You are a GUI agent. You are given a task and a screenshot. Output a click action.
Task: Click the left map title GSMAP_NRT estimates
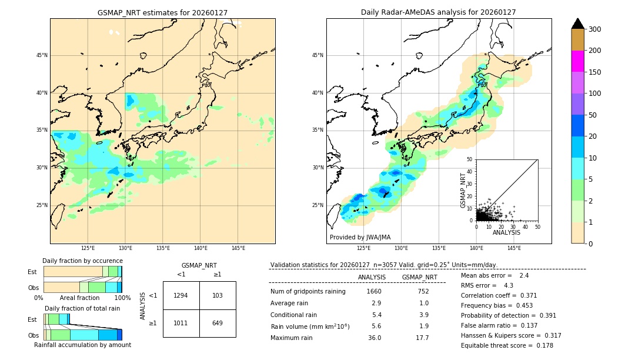(162, 12)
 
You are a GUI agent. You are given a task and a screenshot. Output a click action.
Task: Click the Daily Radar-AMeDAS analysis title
(439, 12)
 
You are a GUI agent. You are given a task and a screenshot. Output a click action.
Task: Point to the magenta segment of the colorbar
(577, 61)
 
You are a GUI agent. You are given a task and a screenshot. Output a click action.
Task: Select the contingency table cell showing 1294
(181, 295)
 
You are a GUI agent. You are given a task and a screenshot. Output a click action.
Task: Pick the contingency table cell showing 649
(218, 323)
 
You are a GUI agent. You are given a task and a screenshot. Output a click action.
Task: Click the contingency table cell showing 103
(218, 295)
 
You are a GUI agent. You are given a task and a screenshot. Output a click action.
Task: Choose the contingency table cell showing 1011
(181, 323)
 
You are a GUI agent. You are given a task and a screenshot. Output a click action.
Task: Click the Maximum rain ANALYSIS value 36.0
(374, 338)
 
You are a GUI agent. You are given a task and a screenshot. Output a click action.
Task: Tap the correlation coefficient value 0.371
(524, 295)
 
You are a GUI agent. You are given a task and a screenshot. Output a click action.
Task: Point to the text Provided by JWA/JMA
(360, 237)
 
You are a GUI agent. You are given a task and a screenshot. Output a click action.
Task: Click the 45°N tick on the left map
(41, 55)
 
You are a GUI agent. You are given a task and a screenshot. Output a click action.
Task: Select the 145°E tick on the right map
(514, 248)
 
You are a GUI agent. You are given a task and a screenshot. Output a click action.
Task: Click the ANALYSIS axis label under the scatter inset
(506, 232)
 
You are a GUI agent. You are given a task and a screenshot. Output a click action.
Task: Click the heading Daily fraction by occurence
(82, 261)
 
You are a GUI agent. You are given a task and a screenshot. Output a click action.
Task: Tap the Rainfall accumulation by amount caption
(82, 345)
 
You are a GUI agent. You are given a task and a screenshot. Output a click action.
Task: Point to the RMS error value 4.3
(509, 285)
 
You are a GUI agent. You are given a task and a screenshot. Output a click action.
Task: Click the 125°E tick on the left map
(88, 248)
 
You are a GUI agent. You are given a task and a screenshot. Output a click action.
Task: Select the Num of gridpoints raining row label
(308, 291)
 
